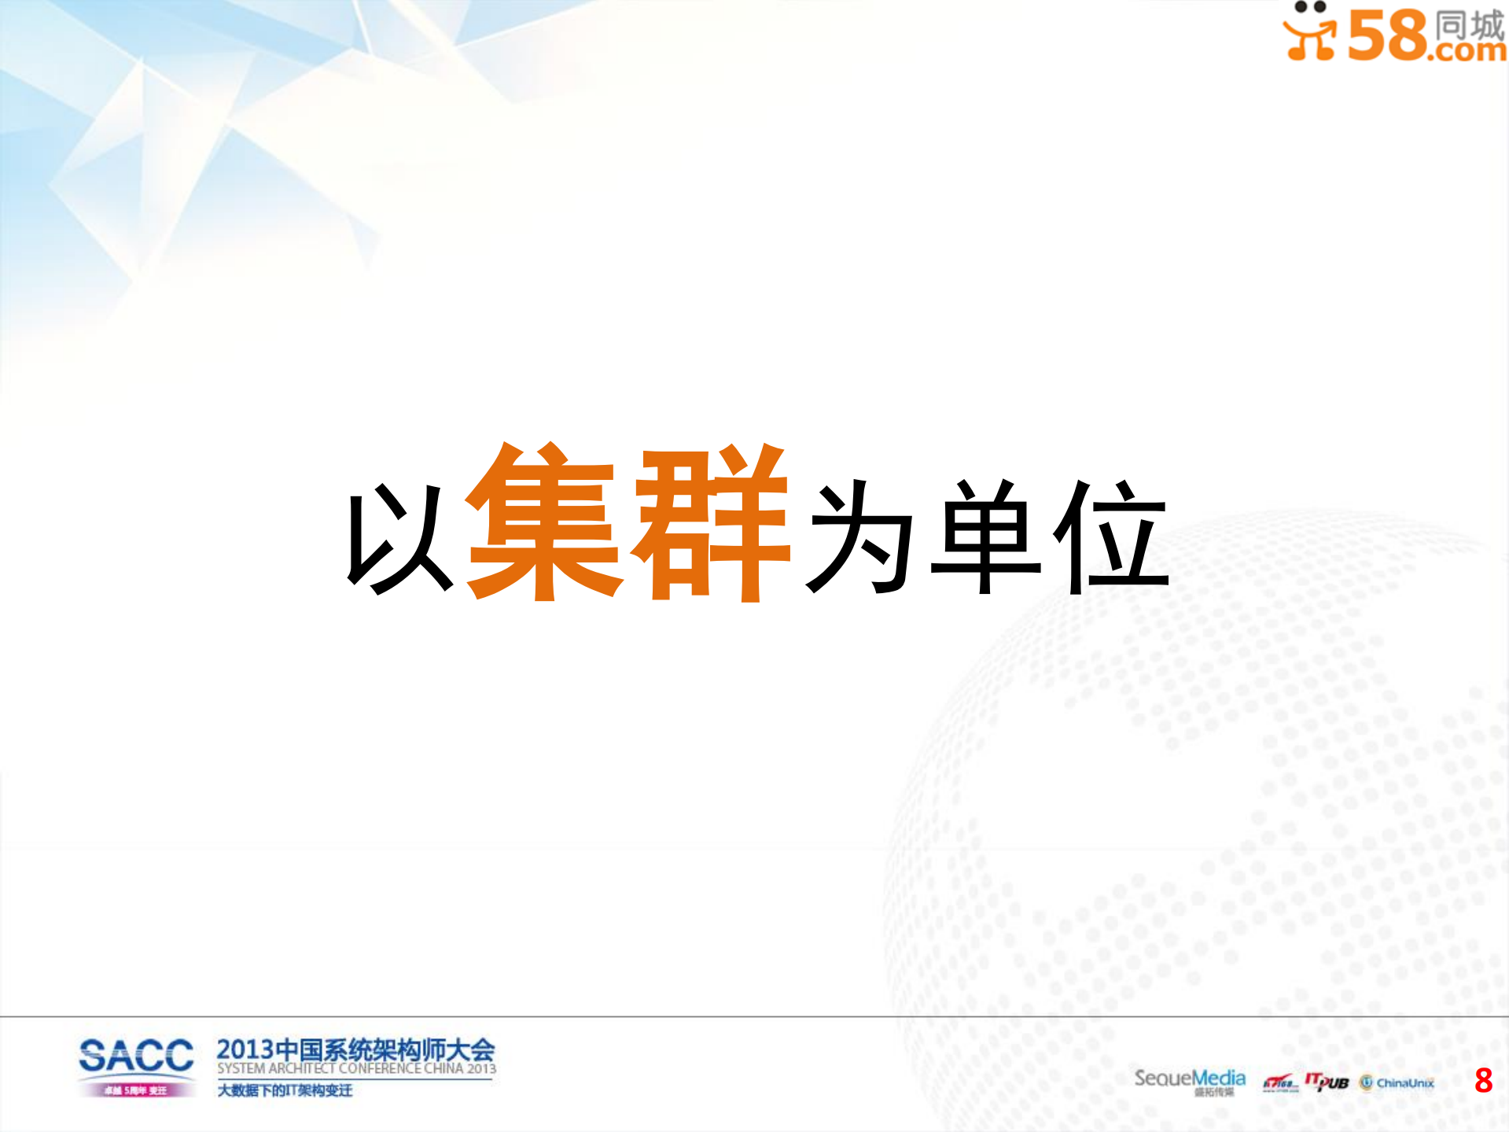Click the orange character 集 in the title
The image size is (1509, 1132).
click(x=544, y=522)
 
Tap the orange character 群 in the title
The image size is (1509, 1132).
click(x=712, y=522)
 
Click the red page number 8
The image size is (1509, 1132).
click(x=1483, y=1080)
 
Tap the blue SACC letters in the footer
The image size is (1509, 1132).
click(x=136, y=1055)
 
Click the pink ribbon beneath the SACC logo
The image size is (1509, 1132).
click(x=136, y=1090)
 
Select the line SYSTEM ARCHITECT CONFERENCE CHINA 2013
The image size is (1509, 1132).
click(x=356, y=1068)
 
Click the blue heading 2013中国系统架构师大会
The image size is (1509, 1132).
click(x=355, y=1049)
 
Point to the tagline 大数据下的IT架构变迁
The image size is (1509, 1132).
click(x=285, y=1090)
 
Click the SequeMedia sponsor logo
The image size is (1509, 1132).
click(x=1189, y=1079)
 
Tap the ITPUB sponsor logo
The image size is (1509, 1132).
click(x=1327, y=1082)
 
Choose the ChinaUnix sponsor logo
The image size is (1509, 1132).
click(x=1397, y=1082)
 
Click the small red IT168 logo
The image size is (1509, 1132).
click(x=1279, y=1083)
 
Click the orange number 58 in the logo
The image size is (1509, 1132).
click(x=1388, y=35)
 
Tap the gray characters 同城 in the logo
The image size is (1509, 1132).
click(x=1469, y=24)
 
